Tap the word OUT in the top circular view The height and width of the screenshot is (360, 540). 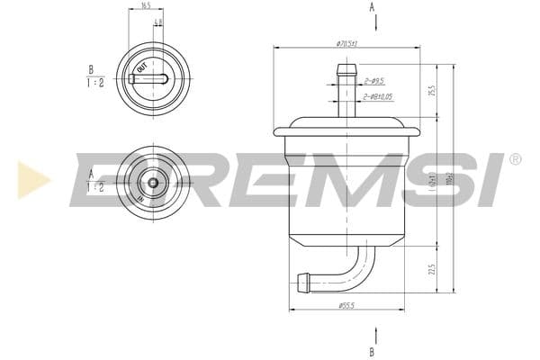point(141,68)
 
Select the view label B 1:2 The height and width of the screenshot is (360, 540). point(94,76)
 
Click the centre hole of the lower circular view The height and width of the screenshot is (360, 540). point(152,183)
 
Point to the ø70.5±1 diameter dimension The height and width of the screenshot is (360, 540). point(346,43)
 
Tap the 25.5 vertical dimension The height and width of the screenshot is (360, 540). point(432,91)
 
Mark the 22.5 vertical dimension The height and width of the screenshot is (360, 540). point(432,269)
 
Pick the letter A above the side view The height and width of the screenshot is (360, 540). point(372,7)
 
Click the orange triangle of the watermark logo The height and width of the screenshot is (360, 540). point(32,180)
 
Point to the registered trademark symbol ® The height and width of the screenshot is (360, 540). point(515,159)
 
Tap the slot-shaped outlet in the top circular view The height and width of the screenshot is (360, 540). point(148,78)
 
